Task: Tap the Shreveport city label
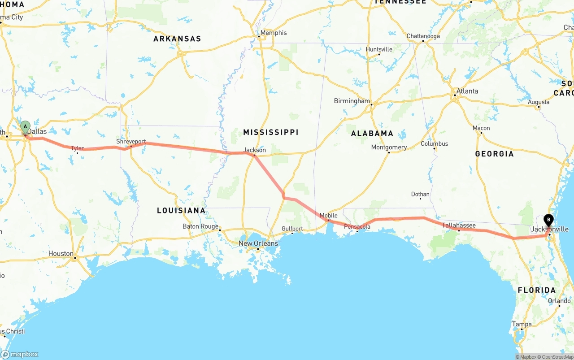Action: tap(131, 142)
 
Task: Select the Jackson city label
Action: tap(255, 150)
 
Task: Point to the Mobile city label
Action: tap(328, 216)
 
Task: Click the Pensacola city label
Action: tap(357, 227)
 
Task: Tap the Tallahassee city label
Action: tap(459, 225)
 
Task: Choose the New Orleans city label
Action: tap(258, 243)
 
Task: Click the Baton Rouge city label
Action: tap(200, 226)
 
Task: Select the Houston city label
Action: tap(61, 254)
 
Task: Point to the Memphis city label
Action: tap(273, 33)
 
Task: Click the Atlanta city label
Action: tap(467, 91)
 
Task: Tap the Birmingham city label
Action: tap(352, 101)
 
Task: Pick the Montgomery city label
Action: tap(389, 147)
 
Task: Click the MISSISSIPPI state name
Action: tap(271, 132)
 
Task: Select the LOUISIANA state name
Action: tap(181, 210)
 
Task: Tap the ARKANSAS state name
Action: tap(177, 39)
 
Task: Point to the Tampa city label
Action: tap(522, 324)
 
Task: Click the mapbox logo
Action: tap(20, 354)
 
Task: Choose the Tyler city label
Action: tap(77, 148)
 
